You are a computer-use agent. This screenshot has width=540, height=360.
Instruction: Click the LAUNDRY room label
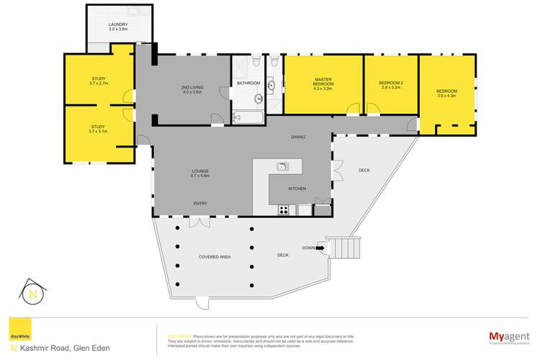[x=118, y=25]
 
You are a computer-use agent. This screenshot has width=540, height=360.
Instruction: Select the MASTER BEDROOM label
[x=322, y=81]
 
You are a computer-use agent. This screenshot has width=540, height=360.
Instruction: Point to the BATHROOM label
[x=248, y=84]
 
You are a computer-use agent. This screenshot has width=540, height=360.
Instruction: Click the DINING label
[x=298, y=137]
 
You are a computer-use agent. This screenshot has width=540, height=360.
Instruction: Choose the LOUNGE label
[x=199, y=171]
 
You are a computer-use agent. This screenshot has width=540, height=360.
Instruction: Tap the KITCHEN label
[x=297, y=189]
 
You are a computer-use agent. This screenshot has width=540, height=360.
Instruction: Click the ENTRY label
[x=200, y=203]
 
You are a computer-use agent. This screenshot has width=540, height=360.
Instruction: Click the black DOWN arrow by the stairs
[x=320, y=248]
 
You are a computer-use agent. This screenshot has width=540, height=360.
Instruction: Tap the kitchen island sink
[x=282, y=167]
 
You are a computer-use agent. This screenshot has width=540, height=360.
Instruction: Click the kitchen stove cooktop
[x=284, y=210]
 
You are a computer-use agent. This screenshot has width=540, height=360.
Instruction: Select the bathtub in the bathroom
[x=248, y=117]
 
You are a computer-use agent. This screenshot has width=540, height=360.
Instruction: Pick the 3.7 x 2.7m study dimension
[x=98, y=84]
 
